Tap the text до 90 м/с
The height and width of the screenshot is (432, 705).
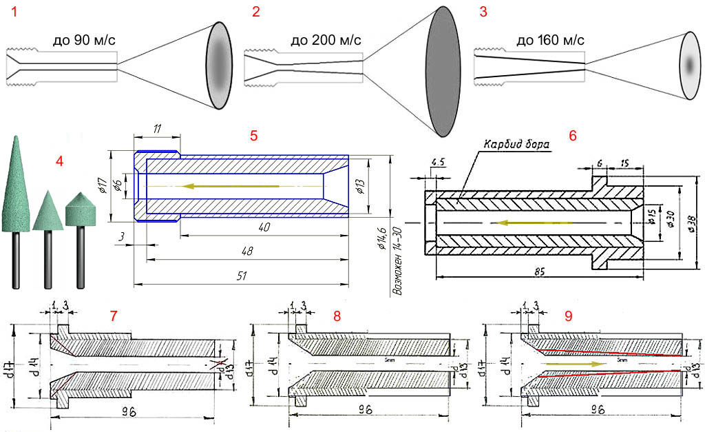84,41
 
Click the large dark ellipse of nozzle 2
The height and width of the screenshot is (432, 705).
449,70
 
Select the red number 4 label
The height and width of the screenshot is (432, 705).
60,163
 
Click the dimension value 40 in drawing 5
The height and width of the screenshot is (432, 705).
264,227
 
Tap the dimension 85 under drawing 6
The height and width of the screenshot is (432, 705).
539,272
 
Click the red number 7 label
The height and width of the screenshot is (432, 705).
114,316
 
